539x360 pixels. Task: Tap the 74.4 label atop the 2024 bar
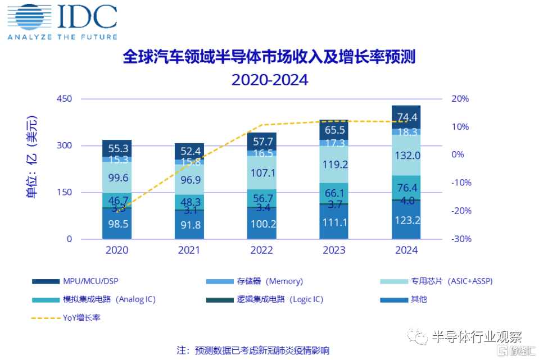click(406, 117)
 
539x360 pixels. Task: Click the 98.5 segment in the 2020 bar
click(117, 224)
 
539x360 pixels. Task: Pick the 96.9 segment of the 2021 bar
click(189, 180)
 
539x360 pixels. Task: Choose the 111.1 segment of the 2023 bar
click(334, 222)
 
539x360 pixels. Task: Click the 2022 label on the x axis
click(261, 250)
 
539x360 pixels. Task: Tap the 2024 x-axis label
click(406, 250)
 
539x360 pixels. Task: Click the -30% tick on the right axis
click(460, 239)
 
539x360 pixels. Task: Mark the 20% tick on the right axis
click(460, 99)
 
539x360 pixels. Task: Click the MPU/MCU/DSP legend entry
click(89, 281)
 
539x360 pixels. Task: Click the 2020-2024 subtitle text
click(270, 80)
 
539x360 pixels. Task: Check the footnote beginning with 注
click(253, 350)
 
